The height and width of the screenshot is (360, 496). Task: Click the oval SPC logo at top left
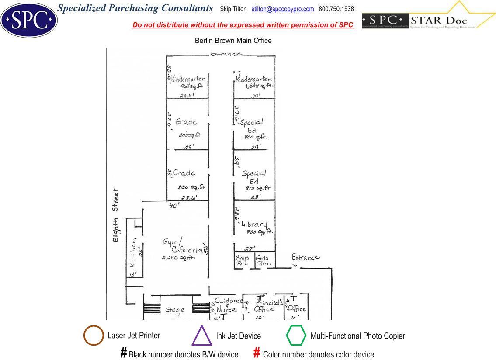(x=29, y=20)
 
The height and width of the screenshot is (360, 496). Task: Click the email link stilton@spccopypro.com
(x=283, y=9)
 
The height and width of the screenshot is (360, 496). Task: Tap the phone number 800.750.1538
(x=336, y=9)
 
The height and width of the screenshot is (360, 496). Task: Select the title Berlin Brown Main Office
(x=233, y=41)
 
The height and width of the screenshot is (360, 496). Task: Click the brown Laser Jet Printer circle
(x=94, y=336)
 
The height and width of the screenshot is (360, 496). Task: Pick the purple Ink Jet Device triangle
(x=201, y=336)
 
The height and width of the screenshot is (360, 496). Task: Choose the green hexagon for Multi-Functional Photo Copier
(x=296, y=336)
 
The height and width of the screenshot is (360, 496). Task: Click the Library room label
(x=254, y=224)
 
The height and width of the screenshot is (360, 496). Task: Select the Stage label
(x=175, y=310)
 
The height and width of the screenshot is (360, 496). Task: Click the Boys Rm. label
(x=242, y=261)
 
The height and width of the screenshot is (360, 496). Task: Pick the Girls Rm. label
(x=263, y=261)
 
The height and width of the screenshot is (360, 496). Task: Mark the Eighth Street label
(x=115, y=215)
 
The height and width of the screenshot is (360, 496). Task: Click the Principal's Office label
(x=265, y=305)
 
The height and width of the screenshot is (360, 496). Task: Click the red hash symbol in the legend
(x=257, y=353)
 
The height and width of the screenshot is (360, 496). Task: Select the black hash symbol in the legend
(x=124, y=353)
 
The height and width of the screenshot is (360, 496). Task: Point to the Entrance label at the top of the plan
(x=226, y=54)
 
